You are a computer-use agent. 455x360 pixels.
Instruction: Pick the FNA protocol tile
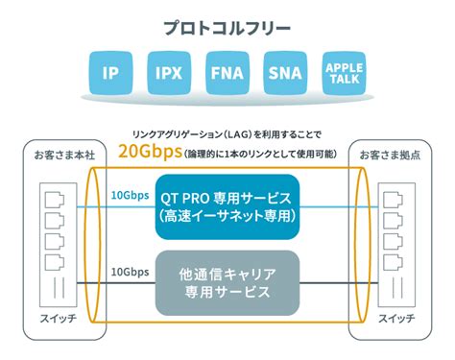tap(227, 72)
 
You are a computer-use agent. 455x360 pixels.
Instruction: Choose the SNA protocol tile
tap(286, 72)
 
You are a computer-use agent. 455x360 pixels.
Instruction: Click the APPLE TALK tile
tap(345, 72)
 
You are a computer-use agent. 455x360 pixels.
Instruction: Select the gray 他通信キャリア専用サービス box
tap(227, 278)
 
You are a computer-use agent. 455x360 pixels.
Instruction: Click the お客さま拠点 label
tap(389, 155)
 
